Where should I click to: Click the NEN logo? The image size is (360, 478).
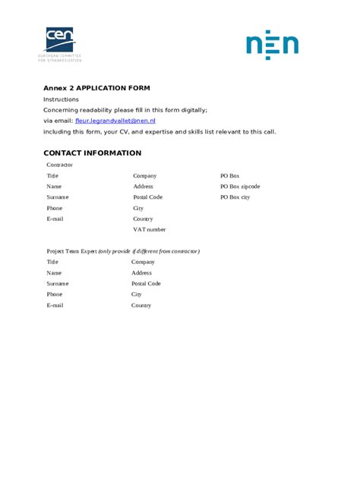[272, 45]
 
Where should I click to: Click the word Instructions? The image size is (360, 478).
[61, 99]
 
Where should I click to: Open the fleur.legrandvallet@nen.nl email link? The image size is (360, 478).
[115, 121]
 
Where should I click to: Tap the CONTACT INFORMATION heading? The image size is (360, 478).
[92, 153]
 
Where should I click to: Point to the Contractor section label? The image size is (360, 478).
[60, 165]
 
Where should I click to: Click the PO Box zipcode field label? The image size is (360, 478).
[240, 186]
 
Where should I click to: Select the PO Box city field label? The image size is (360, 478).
[235, 197]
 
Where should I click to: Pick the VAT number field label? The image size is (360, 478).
[149, 229]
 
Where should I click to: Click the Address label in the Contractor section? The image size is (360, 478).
[143, 186]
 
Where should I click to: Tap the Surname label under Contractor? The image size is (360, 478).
[58, 197]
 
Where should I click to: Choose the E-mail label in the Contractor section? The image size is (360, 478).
[55, 219]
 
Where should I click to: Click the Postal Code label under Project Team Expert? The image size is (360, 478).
[146, 283]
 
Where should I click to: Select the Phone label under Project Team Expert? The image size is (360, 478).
[55, 294]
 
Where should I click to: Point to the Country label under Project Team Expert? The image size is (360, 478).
[141, 305]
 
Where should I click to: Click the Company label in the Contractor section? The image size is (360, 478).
[145, 175]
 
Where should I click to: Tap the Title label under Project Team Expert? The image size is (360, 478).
[52, 262]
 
